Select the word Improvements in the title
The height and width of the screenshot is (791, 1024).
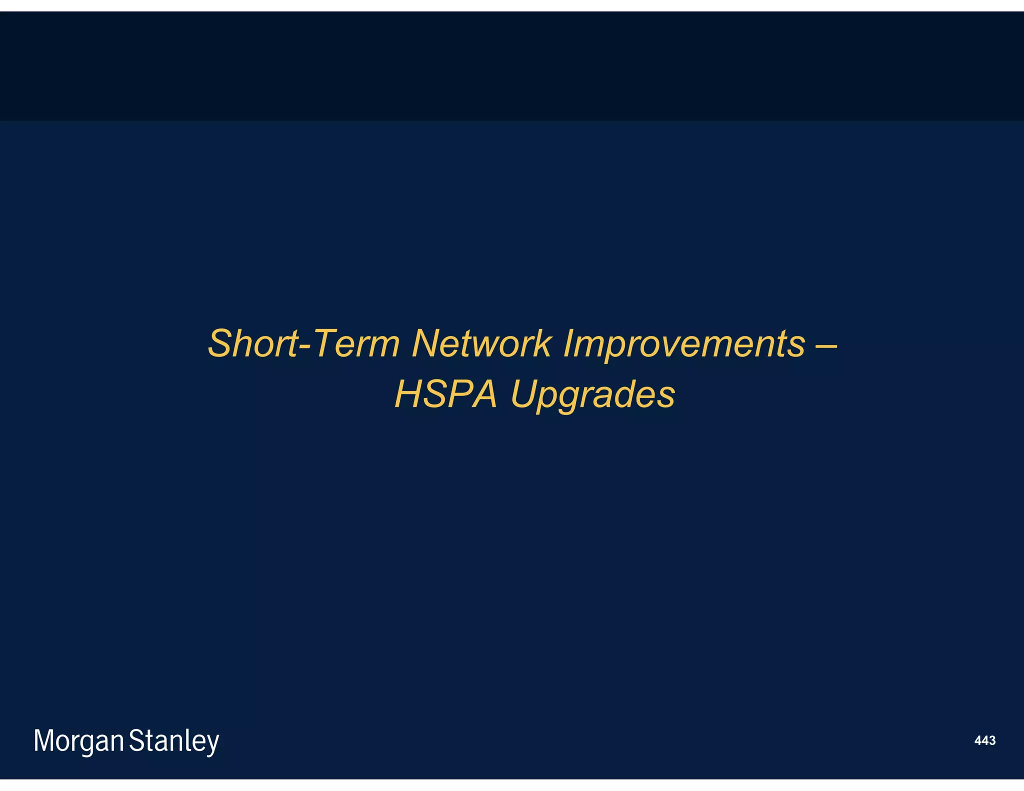684,343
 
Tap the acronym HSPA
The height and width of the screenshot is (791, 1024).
446,394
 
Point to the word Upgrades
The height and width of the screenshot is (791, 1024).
593,394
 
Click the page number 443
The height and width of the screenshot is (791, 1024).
984,740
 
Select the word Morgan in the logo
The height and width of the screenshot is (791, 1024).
78,740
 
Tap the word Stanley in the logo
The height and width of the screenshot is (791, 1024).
174,740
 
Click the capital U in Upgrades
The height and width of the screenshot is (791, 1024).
524,394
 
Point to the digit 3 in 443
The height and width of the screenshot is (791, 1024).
992,740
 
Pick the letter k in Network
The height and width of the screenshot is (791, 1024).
542,343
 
